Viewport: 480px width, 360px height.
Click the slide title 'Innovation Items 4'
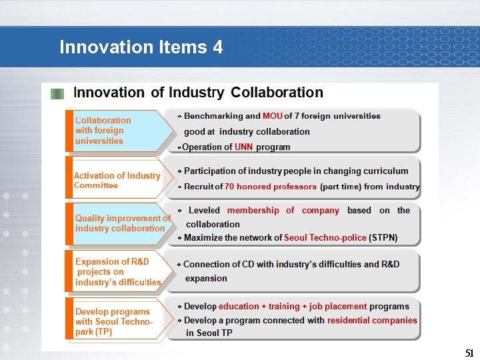click(x=141, y=47)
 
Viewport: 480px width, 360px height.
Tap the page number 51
click(x=469, y=353)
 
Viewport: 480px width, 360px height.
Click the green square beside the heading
click(x=58, y=94)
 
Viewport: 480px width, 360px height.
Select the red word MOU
click(x=273, y=116)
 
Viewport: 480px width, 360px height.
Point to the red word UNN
click(x=244, y=147)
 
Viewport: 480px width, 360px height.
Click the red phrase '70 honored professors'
click(x=271, y=187)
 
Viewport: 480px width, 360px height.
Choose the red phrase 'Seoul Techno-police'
click(x=325, y=237)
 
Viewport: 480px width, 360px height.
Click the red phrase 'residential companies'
click(x=372, y=320)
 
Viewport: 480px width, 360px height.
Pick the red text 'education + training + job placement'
click(x=293, y=307)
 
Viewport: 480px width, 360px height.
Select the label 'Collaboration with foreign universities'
click(x=103, y=131)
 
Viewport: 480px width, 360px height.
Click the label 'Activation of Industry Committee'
click(x=117, y=180)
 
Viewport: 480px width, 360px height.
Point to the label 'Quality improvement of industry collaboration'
click(x=123, y=223)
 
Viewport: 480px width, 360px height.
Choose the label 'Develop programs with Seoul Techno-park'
click(x=113, y=321)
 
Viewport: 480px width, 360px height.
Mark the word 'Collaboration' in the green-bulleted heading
click(x=277, y=93)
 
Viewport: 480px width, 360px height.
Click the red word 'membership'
click(x=253, y=211)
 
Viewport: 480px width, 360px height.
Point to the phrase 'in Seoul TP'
click(x=209, y=333)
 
